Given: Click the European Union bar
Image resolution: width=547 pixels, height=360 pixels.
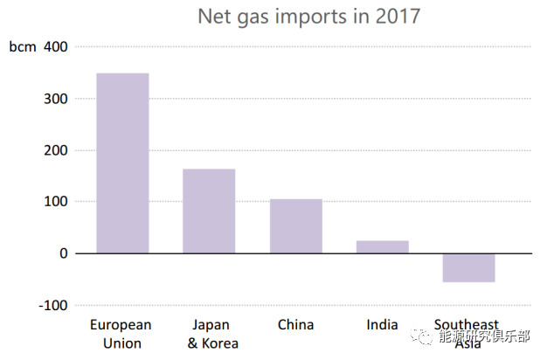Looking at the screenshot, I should [x=122, y=163].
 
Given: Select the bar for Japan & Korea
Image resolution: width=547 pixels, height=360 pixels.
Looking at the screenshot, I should [x=209, y=211].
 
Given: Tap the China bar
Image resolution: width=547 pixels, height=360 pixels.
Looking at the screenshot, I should [x=295, y=226].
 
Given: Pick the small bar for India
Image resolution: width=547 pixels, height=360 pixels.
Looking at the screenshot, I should [x=382, y=246].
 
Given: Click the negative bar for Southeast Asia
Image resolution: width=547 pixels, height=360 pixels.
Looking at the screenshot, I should [x=468, y=267].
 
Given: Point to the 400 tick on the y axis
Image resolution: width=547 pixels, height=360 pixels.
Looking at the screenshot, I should [x=55, y=47].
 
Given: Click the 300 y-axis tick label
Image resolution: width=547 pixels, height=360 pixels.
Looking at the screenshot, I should [x=55, y=99].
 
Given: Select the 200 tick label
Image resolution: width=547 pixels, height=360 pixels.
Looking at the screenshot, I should [x=55, y=150].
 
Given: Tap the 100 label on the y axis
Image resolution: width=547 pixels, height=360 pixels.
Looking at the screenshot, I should [x=55, y=202].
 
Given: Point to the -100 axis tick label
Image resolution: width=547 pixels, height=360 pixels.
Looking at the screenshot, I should [x=52, y=305].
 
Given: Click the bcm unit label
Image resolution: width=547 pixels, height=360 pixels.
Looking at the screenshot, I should [x=23, y=47].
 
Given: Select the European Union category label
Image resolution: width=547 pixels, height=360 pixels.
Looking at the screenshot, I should [x=121, y=334].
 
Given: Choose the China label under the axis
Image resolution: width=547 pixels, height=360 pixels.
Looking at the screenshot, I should [x=295, y=325].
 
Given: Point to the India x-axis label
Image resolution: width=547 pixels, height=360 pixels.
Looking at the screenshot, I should [x=382, y=325].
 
